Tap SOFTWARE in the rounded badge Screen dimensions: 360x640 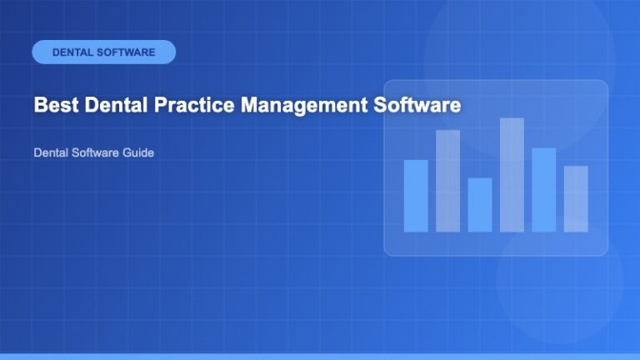pyautogui.click(x=126, y=52)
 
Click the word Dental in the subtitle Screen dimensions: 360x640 pyautogui.click(x=50, y=154)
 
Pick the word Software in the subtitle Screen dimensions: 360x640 pyautogui.click(x=95, y=154)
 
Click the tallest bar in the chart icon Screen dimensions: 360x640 pyautogui.click(x=512, y=175)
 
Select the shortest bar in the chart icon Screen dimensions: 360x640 pyautogui.click(x=479, y=204)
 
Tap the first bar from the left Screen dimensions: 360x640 pyautogui.click(x=415, y=196)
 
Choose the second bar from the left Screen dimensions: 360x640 pyautogui.click(x=447, y=181)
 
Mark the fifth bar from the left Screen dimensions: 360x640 pyautogui.click(x=543, y=190)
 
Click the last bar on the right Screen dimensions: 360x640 pyautogui.click(x=575, y=198)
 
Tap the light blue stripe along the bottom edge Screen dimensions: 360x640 pyautogui.click(x=320, y=356)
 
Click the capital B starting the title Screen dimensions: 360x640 pyautogui.click(x=40, y=107)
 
